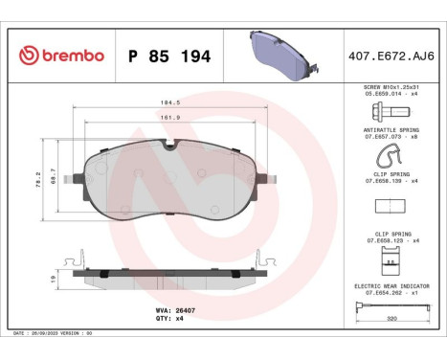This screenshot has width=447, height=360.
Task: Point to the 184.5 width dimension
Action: point(168,101)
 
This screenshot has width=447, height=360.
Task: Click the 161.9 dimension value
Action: point(168,118)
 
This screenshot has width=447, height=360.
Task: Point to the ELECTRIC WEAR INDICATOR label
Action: point(393,284)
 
